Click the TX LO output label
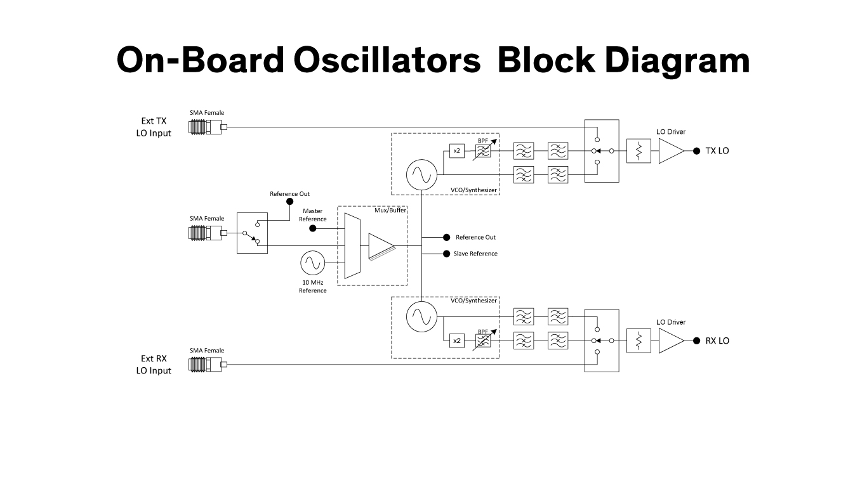point(717,151)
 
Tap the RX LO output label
point(717,341)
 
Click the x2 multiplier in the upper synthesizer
point(456,151)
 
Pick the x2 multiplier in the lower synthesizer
point(456,341)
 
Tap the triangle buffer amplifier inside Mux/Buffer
point(381,246)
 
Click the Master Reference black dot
point(312,228)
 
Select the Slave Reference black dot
point(447,254)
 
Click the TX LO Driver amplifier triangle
point(670,151)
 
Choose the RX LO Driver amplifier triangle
point(670,341)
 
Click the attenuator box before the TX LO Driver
point(639,151)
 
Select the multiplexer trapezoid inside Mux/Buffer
point(352,246)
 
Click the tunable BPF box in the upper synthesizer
point(483,151)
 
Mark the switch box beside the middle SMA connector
point(252,233)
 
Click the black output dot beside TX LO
point(696,151)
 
